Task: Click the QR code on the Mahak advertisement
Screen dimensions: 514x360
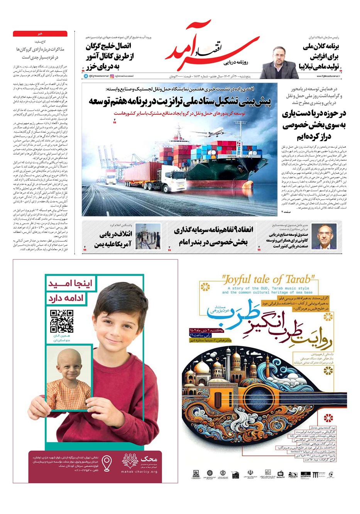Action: (62, 321)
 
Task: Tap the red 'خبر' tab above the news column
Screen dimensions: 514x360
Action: (40, 34)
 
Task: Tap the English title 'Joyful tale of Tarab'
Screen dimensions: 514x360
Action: (269, 279)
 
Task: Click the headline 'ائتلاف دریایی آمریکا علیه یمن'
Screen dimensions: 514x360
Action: (116, 239)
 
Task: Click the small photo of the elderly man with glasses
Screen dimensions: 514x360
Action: (324, 236)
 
